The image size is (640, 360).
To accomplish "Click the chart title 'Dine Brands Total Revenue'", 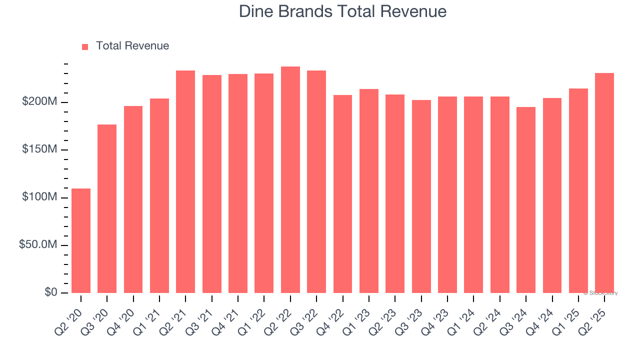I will coord(342,11).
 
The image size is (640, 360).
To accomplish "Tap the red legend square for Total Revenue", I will coord(85,46).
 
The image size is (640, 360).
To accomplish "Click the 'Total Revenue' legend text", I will coord(132,46).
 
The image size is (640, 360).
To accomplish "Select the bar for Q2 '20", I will coord(81,240).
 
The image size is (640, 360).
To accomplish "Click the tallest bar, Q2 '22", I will coord(290,179).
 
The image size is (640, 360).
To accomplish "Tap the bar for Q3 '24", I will coord(526,200).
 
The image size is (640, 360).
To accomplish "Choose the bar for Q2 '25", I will coord(604,183).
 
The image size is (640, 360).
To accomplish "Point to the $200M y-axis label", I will coord(39,102).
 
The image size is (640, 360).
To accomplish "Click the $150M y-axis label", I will coord(39,149).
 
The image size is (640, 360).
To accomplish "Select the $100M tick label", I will coord(39,197).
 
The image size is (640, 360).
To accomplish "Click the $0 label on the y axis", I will coord(50,292).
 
